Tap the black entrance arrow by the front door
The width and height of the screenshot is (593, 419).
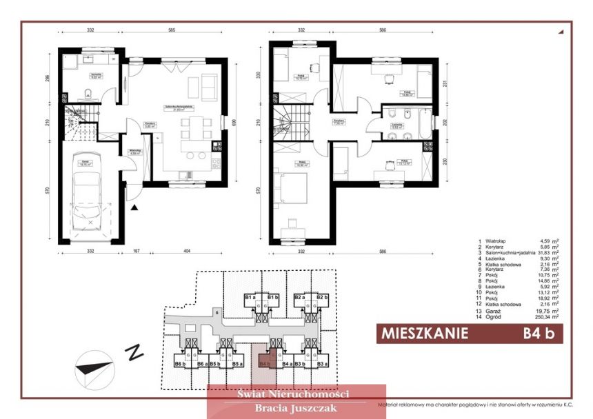(x=136, y=205)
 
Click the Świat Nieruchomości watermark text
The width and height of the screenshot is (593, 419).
(x=293, y=394)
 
